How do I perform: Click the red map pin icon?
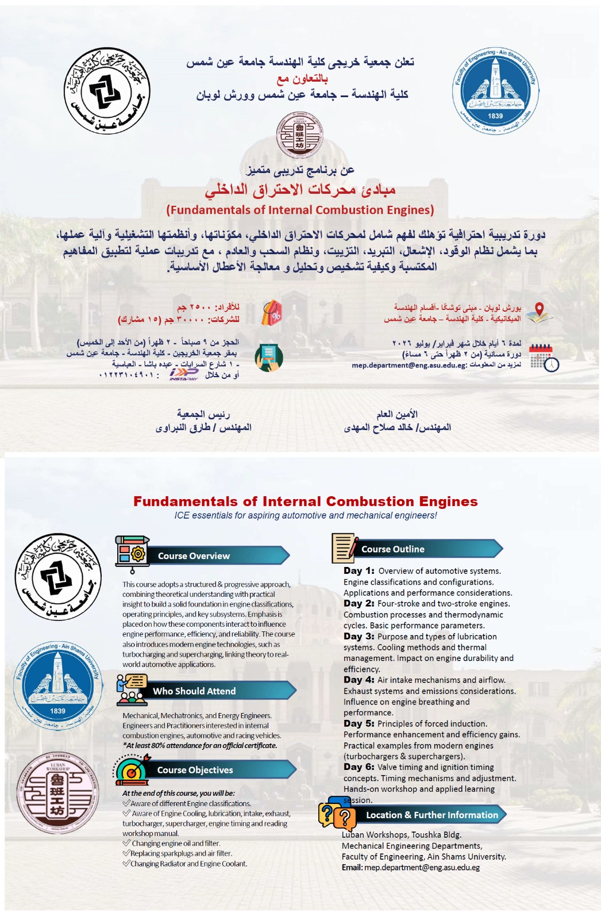[x=540, y=311]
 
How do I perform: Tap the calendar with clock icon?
[x=544, y=357]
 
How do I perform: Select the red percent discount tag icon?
[x=272, y=313]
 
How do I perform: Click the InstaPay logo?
[x=184, y=374]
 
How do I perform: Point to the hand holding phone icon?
[x=269, y=357]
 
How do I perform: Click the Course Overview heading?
[x=194, y=556]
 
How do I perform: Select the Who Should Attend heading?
[x=194, y=691]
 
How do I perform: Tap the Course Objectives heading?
[x=195, y=770]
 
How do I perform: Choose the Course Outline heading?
[x=393, y=549]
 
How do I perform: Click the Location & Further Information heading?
[x=432, y=815]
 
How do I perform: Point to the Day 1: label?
[x=359, y=571]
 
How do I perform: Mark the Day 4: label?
[x=359, y=680]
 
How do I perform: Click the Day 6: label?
[x=359, y=767]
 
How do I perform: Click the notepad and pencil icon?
[x=345, y=548]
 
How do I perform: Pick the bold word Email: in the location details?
[x=352, y=868]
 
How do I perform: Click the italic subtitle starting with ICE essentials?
[x=306, y=515]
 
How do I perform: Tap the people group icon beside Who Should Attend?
[x=132, y=691]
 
